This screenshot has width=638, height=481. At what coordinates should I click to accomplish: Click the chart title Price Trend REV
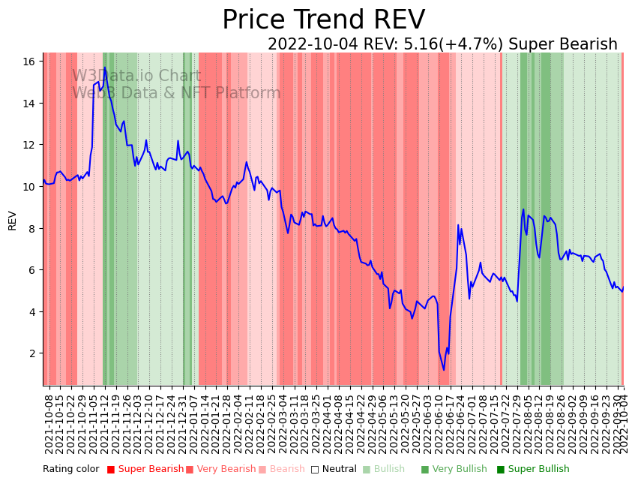[x=323, y=20]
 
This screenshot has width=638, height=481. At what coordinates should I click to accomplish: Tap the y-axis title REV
[x=12, y=220]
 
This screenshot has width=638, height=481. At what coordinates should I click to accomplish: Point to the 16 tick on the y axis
[x=31, y=62]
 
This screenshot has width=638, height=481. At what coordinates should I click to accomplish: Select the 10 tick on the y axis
[x=31, y=187]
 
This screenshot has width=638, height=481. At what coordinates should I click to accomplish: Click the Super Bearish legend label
[x=151, y=470]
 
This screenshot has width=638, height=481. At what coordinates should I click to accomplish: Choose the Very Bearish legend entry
[x=226, y=470]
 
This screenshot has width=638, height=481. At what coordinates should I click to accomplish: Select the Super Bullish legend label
[x=538, y=470]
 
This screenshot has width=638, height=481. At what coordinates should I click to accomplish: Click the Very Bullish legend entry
[x=458, y=470]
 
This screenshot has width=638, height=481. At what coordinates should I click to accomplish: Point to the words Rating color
[x=70, y=470]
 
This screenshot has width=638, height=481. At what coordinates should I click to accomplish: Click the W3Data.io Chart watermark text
[x=136, y=77]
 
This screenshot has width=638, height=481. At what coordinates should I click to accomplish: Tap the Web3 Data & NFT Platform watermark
[x=176, y=94]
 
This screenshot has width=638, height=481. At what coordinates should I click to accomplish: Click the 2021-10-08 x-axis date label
[x=49, y=424]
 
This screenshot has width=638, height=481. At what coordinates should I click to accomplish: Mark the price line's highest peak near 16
[x=104, y=68]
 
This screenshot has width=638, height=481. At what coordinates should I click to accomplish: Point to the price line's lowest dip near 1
[x=443, y=369]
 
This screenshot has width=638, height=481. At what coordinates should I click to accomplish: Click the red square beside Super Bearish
[x=111, y=470]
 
